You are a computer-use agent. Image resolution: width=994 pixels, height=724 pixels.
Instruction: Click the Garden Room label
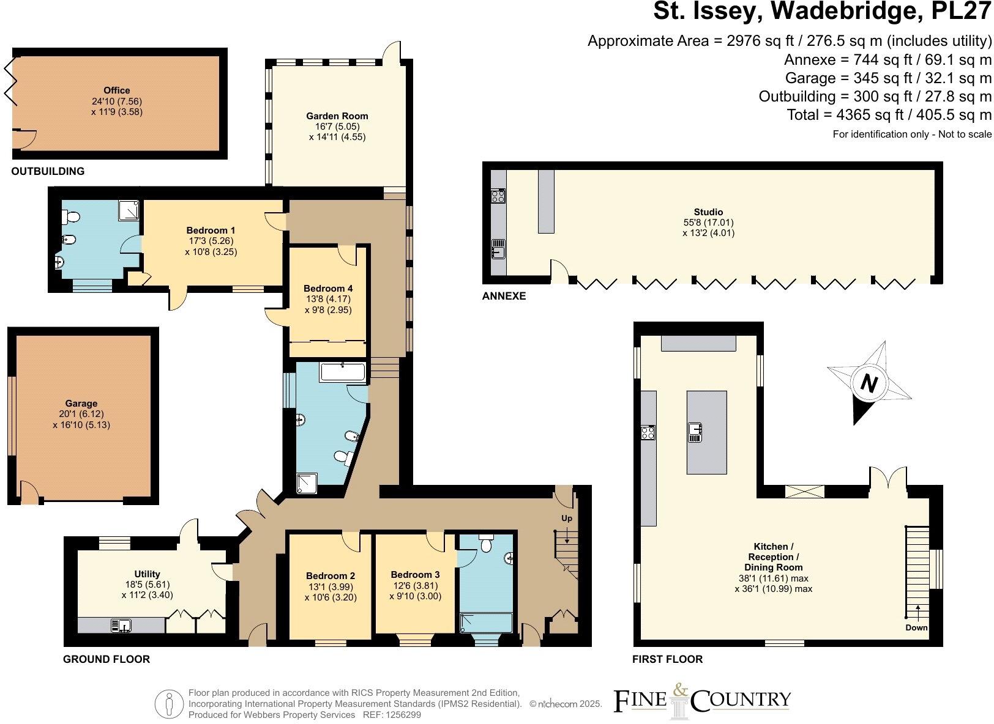337,116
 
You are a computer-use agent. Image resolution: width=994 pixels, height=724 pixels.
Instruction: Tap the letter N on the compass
869,383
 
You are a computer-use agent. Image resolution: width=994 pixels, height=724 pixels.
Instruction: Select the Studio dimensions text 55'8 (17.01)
708,223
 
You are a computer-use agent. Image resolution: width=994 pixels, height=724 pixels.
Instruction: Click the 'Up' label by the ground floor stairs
567,519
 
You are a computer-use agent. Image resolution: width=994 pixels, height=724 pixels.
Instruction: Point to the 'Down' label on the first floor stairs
916,627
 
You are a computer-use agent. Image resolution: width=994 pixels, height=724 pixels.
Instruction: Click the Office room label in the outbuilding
116,90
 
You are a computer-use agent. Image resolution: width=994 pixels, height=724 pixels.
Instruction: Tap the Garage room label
81,404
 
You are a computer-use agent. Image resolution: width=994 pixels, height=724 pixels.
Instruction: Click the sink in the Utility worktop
121,625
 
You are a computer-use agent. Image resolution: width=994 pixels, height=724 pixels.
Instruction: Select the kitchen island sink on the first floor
694,432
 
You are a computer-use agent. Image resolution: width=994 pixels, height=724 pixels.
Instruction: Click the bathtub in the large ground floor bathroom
343,372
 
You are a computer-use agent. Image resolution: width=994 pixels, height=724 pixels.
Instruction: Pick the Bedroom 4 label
328,288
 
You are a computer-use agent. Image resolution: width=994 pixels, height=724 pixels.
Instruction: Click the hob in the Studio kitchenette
498,196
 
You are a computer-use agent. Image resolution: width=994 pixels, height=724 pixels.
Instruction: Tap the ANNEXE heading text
504,296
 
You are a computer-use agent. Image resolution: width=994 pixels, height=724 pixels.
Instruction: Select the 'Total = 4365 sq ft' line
889,114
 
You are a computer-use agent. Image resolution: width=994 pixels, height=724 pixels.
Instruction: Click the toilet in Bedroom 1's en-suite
70,217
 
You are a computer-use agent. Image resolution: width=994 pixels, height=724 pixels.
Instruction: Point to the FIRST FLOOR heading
668,659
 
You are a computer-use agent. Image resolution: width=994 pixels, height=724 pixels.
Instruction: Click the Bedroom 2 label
331,575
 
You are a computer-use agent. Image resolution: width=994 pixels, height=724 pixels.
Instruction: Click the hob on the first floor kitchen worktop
648,433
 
